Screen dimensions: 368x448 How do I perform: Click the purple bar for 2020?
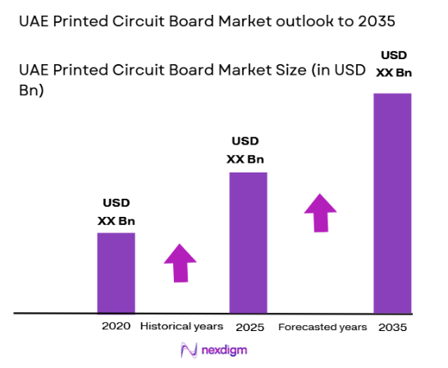[116, 273]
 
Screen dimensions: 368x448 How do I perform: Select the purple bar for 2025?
[248, 242]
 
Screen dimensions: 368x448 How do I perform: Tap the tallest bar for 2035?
[392, 203]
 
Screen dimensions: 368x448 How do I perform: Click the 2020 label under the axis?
[116, 326]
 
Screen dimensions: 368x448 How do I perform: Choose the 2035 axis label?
[392, 327]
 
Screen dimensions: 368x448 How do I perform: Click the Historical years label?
[181, 326]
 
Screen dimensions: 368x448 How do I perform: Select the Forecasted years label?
[322, 327]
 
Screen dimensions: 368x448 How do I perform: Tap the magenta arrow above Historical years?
[180, 263]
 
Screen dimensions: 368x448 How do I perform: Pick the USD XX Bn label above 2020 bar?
[116, 211]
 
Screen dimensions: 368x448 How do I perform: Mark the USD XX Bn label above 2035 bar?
[392, 63]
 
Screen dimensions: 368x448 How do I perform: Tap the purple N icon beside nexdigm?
[188, 350]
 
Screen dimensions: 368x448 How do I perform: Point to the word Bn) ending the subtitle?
[30, 90]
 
